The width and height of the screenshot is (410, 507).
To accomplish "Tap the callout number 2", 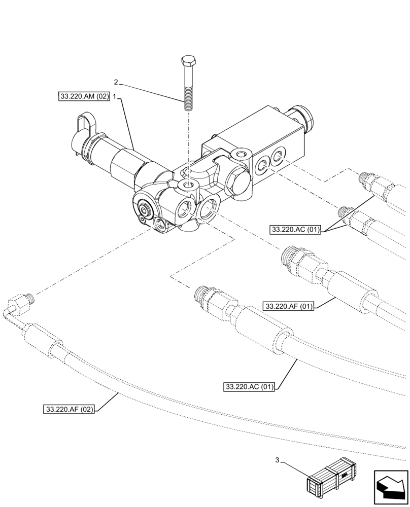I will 116,82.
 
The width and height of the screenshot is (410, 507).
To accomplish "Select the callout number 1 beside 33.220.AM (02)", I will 115,96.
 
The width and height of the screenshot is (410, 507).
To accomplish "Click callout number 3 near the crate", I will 277,460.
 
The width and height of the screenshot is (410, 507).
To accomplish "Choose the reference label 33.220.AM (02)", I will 84,96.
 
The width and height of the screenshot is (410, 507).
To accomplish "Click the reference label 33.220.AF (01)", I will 289,306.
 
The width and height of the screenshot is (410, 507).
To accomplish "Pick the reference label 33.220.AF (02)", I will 69,409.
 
